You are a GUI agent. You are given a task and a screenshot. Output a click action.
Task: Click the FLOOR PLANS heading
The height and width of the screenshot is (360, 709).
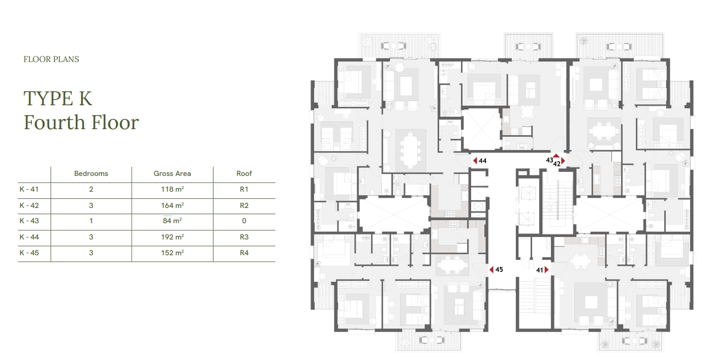click(51, 59)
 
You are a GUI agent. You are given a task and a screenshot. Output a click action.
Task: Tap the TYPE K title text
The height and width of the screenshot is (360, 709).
click(58, 99)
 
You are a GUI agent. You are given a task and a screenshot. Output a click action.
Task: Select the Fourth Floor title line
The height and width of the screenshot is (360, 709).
click(81, 122)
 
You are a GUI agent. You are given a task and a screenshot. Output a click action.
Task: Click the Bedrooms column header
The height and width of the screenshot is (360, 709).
click(91, 173)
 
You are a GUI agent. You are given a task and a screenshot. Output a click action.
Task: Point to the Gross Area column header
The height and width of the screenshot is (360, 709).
click(172, 173)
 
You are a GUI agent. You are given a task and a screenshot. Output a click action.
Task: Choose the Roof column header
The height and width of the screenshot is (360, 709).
click(244, 173)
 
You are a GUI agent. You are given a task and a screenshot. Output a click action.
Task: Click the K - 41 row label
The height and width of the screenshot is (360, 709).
click(29, 189)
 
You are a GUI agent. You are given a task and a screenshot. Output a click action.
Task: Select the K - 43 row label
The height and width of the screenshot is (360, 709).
click(29, 221)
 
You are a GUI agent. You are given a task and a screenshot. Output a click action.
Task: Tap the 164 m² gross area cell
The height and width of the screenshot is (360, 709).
click(172, 205)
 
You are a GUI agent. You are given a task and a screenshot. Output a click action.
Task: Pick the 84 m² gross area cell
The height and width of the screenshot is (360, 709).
click(172, 221)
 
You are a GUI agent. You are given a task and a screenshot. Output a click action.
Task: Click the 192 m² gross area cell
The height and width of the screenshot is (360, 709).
click(172, 237)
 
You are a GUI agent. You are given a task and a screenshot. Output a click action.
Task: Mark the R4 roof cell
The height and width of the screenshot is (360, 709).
click(244, 253)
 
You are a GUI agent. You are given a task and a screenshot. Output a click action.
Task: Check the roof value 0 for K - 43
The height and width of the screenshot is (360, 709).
click(244, 221)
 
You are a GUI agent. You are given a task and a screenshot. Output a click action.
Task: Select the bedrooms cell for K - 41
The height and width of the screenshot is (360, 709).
click(91, 189)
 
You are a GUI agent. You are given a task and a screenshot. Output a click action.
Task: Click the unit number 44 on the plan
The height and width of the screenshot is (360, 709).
click(483, 161)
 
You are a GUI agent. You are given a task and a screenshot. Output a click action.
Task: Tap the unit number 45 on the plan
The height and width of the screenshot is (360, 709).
click(499, 269)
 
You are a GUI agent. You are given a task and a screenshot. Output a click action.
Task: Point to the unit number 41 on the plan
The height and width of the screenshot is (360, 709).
click(540, 270)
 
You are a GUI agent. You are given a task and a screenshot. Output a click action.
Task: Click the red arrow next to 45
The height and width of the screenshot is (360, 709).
click(491, 269)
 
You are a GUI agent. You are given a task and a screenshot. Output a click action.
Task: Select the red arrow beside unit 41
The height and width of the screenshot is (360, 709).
click(547, 270)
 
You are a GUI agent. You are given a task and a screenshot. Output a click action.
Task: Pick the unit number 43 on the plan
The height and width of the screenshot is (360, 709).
click(549, 160)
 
